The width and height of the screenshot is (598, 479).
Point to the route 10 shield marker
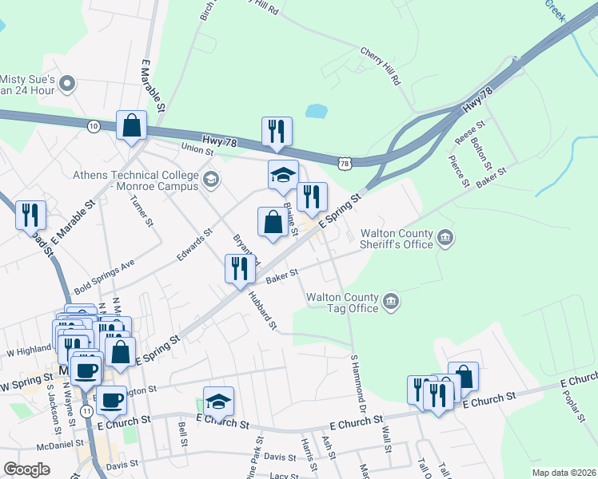tap(94, 126)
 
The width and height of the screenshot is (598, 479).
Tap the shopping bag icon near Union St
tap(131, 126)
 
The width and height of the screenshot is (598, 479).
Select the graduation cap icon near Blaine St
tap(283, 176)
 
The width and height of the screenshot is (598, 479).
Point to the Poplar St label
tap(574, 404)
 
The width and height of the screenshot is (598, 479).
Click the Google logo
tap(26, 469)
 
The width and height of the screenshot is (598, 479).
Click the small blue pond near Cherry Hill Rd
tap(317, 111)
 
